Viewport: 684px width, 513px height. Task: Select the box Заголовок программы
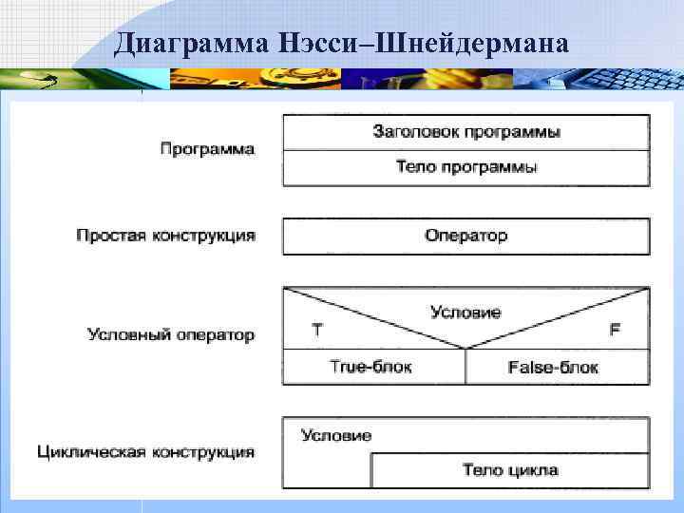click(x=465, y=131)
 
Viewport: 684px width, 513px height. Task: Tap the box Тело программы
click(x=465, y=167)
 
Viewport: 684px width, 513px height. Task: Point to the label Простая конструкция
click(x=165, y=235)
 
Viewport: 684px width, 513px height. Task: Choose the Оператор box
click(x=465, y=236)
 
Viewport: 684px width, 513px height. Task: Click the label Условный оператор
click(x=170, y=334)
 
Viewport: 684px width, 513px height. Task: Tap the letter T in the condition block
click(x=316, y=330)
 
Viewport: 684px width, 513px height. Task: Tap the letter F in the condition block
click(x=615, y=330)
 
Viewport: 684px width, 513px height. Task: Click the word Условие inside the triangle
click(x=465, y=312)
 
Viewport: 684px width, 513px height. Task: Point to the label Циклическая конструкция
click(x=145, y=451)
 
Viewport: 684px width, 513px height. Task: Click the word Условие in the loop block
click(x=336, y=435)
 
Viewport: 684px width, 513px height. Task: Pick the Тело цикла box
click(x=510, y=469)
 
